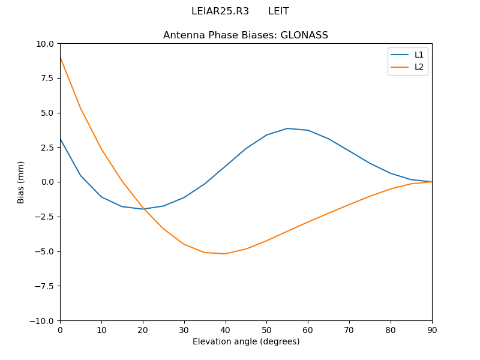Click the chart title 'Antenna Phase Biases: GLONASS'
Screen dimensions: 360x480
(x=245, y=35)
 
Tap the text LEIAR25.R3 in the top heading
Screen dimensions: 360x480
(x=220, y=11)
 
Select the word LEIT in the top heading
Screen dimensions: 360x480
(x=278, y=11)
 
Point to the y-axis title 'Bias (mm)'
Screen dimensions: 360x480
(x=21, y=182)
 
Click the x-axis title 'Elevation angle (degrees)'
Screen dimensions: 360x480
(x=245, y=341)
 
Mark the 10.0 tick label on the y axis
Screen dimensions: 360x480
(x=45, y=44)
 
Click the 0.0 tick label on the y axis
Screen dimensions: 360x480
(x=47, y=182)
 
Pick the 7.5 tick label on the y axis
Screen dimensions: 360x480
(x=47, y=78)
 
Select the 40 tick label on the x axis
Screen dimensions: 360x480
(x=225, y=329)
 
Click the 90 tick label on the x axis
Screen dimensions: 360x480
(x=431, y=329)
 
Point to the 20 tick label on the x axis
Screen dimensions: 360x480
(x=143, y=329)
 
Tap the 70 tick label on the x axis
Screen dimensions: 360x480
(x=349, y=329)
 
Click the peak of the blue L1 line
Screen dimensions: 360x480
(x=287, y=128)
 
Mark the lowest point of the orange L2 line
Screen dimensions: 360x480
(x=225, y=253)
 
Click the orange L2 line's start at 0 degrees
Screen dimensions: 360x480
(x=60, y=57)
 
